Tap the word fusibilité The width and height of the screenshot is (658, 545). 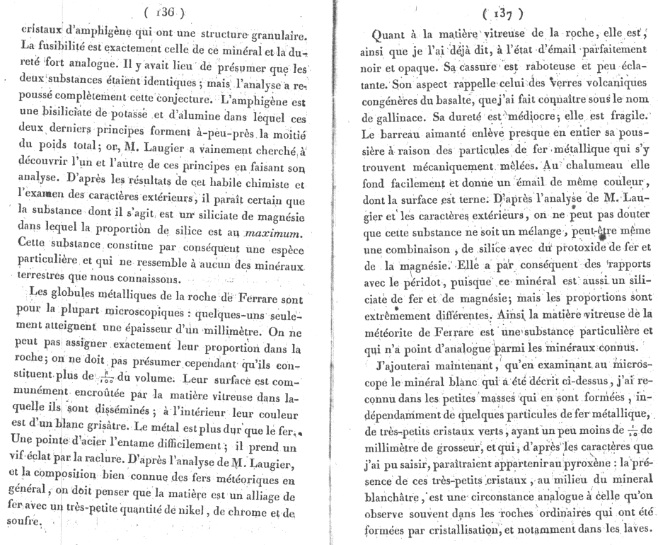click(65, 52)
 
